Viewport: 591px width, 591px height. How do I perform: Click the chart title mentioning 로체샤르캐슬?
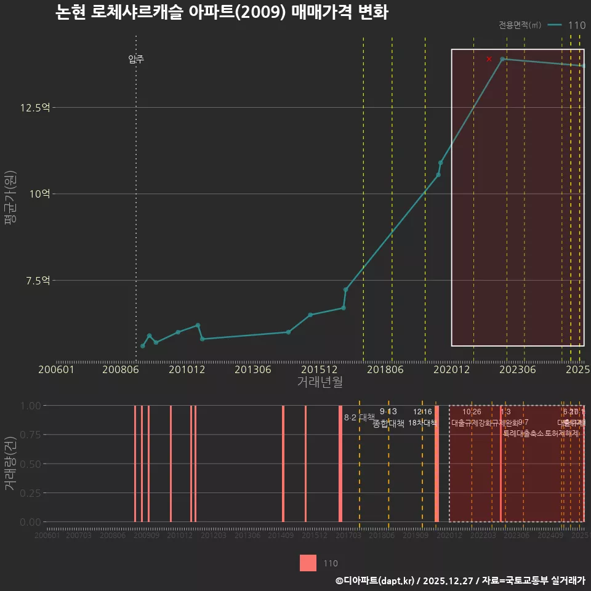coord(222,12)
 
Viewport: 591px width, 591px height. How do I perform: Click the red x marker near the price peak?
coord(489,59)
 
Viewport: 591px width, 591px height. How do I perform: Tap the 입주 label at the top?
coord(136,59)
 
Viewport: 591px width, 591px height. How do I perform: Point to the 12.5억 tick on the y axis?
coord(35,108)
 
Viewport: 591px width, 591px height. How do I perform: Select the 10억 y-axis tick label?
coord(39,194)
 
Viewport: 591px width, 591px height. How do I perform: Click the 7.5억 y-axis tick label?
coord(38,281)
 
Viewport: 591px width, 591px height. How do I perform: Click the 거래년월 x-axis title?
coord(320,382)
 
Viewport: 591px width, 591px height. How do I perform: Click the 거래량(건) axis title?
coord(10,464)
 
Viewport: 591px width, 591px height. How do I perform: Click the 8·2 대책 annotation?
coord(359,417)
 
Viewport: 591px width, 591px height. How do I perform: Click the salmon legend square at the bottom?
coord(308,563)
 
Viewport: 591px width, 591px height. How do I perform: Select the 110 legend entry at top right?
coord(577,25)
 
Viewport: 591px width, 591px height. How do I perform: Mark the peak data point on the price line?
coord(502,59)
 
